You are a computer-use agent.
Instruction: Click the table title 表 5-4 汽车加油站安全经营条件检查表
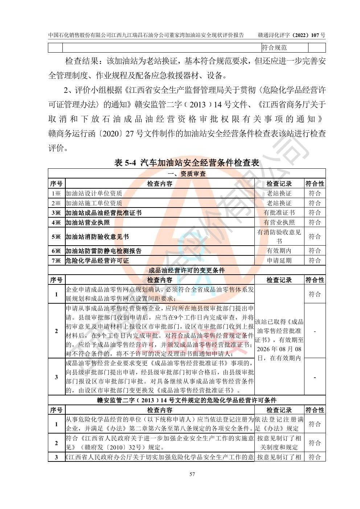(x=187, y=163)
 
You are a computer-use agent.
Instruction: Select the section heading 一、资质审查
(x=187, y=174)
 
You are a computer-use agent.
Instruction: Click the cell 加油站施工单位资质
(x=94, y=203)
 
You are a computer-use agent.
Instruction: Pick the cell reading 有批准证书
(x=279, y=213)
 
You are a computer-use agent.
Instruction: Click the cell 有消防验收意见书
(x=279, y=237)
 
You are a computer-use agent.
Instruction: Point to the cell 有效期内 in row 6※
(x=279, y=251)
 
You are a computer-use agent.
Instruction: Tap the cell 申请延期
(x=279, y=260)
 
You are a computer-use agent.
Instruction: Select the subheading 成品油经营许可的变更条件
(x=187, y=270)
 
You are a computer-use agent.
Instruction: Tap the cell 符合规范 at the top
(x=274, y=48)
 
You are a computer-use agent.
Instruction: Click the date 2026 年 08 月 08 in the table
(x=279, y=349)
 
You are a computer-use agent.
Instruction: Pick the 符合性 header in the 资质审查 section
(x=315, y=184)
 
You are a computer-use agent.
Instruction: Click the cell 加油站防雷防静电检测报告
(x=103, y=251)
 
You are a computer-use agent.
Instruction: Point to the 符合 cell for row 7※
(x=315, y=260)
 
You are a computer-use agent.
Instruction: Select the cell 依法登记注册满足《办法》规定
(x=279, y=424)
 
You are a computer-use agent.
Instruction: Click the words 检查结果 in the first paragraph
(x=82, y=61)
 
